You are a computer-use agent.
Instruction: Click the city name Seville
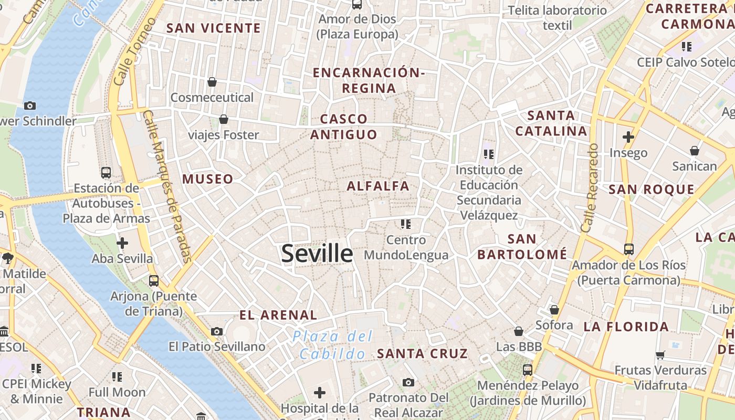click(317, 254)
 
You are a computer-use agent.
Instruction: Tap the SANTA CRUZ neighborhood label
click(422, 353)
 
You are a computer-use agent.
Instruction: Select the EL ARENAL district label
click(278, 315)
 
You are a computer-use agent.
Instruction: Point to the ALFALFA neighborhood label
click(378, 186)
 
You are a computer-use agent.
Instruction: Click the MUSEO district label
click(208, 179)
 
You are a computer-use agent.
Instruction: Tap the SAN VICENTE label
click(213, 28)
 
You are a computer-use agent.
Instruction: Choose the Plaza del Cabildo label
click(332, 345)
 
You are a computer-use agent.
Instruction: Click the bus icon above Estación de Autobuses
click(106, 172)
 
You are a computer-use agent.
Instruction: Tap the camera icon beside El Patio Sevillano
click(217, 331)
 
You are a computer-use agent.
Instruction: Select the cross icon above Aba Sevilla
click(122, 243)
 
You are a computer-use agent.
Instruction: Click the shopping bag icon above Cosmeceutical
click(212, 82)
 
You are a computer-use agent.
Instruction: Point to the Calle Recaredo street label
click(590, 188)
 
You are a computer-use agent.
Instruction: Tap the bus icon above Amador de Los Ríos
click(628, 249)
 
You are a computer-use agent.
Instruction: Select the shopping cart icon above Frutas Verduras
click(660, 355)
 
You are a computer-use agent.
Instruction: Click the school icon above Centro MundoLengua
click(405, 224)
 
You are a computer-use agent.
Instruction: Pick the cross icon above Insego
click(628, 137)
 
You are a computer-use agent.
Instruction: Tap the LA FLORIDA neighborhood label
click(626, 327)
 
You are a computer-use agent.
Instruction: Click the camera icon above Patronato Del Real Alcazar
click(408, 382)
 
